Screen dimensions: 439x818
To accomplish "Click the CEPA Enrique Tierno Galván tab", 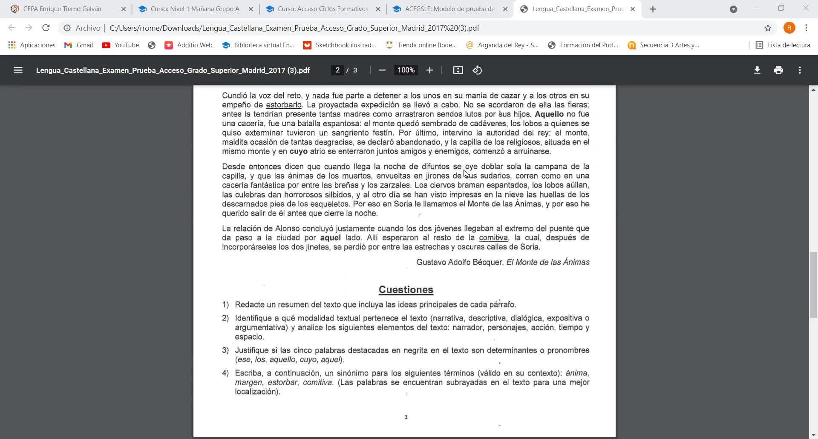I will [x=62, y=9].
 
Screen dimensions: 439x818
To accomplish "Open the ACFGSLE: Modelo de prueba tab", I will [x=449, y=9].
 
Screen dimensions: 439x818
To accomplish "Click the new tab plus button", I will [x=653, y=9].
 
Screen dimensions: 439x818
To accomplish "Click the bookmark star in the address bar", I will [x=768, y=28].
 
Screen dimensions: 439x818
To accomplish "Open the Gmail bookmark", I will [x=79, y=45].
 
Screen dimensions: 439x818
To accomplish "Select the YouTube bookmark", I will [x=121, y=45].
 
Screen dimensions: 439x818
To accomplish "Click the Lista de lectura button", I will [x=783, y=45].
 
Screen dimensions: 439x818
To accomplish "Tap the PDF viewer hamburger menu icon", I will [x=18, y=70].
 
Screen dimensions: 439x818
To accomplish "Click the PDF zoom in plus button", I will [x=429, y=70].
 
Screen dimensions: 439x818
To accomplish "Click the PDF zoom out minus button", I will [x=382, y=70].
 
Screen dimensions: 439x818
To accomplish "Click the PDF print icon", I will [x=778, y=70].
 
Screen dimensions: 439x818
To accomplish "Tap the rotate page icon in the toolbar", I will [x=477, y=70].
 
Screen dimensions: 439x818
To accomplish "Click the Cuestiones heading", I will [x=406, y=290].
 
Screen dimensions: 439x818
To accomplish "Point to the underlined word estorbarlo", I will [x=284, y=105].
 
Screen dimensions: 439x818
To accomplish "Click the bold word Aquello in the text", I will [x=549, y=114].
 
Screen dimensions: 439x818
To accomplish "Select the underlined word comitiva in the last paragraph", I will [x=493, y=238].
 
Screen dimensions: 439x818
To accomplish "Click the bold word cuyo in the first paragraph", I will [x=298, y=152].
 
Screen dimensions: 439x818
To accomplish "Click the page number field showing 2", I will [x=337, y=70].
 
